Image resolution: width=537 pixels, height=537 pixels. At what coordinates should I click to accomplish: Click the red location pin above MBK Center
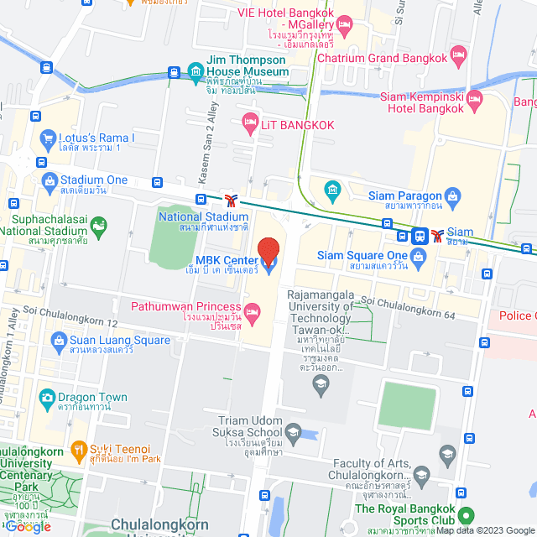click(x=268, y=252)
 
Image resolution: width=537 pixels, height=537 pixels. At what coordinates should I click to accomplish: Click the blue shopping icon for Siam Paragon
click(x=454, y=198)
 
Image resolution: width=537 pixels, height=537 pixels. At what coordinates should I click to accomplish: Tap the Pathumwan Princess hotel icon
click(x=253, y=312)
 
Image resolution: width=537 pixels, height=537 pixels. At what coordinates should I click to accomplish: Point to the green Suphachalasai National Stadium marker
click(x=99, y=224)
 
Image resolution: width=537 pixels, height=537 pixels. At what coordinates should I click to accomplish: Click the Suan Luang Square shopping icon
click(x=58, y=341)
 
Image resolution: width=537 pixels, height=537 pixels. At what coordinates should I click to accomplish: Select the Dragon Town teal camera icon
click(x=47, y=398)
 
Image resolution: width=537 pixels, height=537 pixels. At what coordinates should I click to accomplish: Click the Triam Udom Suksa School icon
click(x=293, y=434)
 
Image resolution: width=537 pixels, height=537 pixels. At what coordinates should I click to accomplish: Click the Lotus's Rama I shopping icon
click(x=47, y=138)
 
